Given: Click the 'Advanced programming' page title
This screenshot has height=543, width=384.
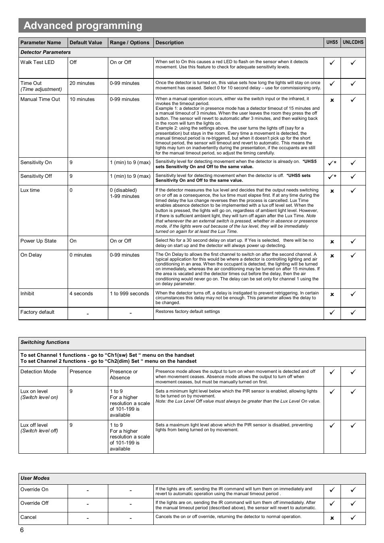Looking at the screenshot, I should (83, 26).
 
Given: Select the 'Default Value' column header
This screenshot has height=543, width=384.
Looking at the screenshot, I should (86, 43).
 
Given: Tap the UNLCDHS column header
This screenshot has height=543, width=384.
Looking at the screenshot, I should (353, 42).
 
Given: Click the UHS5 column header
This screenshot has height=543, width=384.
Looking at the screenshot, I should (332, 42).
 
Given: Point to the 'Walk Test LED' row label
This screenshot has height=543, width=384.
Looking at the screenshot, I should (37, 62).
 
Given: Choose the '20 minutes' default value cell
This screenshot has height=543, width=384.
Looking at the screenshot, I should (82, 83).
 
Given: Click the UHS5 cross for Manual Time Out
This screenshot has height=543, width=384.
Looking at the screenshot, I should (332, 100).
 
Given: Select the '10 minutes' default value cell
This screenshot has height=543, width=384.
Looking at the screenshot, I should (82, 99).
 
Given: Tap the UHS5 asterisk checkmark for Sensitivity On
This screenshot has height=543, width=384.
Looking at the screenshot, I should (332, 163).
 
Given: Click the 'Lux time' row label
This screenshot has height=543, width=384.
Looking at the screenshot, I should (30, 190).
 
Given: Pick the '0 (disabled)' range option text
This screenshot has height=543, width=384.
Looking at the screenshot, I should (123, 190).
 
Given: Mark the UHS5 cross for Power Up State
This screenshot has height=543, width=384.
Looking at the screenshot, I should (332, 242).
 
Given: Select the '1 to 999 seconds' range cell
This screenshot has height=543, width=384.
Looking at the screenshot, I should (129, 294).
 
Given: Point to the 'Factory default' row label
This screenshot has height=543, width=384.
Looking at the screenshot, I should (37, 312).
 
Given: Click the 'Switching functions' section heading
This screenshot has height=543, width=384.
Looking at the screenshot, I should (45, 342).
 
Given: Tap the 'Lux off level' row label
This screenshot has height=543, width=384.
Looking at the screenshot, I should (34, 425).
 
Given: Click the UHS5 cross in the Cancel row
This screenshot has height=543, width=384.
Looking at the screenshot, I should (332, 518).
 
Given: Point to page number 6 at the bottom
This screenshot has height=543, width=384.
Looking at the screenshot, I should (22, 530).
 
